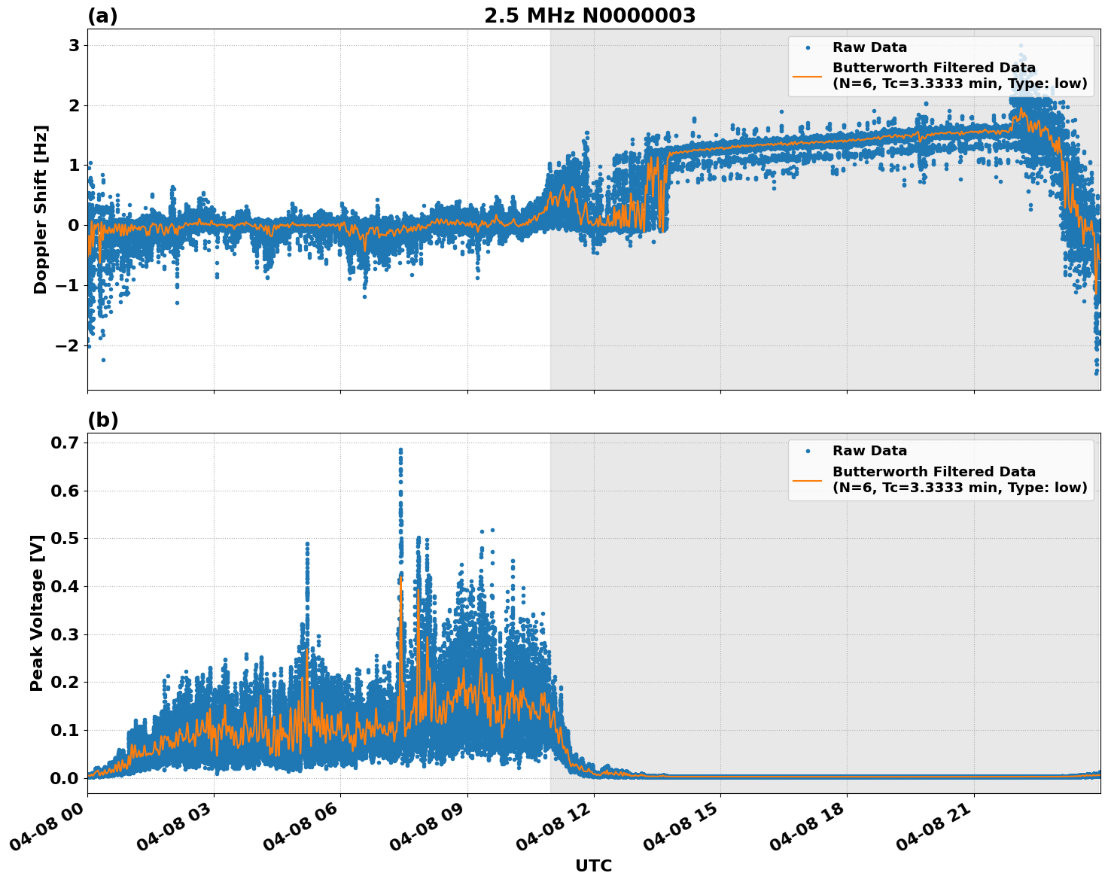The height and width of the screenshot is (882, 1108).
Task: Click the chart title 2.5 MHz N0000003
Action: [x=589, y=16]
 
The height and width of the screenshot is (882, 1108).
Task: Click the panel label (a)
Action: [x=102, y=16]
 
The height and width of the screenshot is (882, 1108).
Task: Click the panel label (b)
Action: [x=102, y=420]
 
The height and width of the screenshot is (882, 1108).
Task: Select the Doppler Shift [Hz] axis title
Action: [x=41, y=210]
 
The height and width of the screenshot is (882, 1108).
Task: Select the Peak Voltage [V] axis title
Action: [x=37, y=613]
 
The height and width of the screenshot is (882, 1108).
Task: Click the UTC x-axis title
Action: [x=593, y=865]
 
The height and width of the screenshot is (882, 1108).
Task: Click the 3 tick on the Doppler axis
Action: [x=74, y=45]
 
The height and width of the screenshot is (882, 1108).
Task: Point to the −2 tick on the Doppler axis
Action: [x=68, y=345]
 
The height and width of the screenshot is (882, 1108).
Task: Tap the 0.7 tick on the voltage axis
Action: [x=64, y=443]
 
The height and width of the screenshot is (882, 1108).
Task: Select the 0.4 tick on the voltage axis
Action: [x=64, y=586]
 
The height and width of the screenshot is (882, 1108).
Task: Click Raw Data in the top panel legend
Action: [x=869, y=47]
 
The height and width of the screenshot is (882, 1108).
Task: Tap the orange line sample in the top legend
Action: [x=808, y=75]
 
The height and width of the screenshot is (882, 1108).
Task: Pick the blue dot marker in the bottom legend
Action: [x=808, y=451]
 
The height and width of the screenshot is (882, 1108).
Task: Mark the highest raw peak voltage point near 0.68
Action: [x=400, y=450]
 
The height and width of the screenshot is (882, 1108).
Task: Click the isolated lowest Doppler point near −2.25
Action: [x=103, y=360]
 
